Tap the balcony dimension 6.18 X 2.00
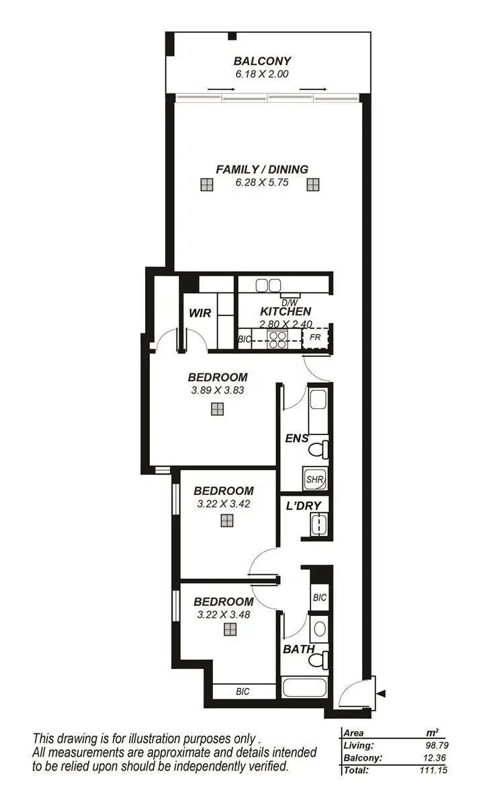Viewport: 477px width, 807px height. click(x=262, y=74)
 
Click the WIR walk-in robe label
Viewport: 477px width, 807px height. click(x=200, y=312)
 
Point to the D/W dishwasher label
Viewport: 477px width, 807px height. click(x=290, y=302)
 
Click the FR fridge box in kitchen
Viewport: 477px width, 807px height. click(x=315, y=336)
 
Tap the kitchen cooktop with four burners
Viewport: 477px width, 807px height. click(x=277, y=339)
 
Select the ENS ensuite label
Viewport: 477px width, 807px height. click(x=297, y=438)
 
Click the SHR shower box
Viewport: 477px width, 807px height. click(x=314, y=479)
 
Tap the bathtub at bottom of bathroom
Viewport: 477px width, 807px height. click(x=304, y=687)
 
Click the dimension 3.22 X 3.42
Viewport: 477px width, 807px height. click(x=224, y=504)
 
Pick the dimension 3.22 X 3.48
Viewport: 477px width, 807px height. click(x=224, y=615)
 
